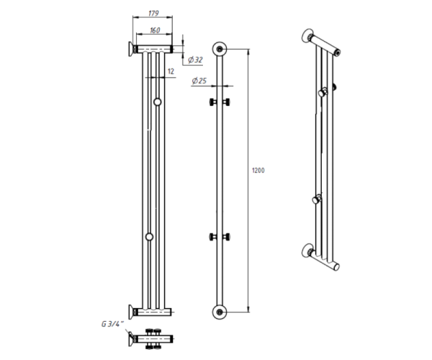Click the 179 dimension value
(153, 13)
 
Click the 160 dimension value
(155, 30)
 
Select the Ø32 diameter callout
(195, 60)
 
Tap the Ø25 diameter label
(199, 81)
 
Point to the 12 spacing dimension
(171, 71)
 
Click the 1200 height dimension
(258, 171)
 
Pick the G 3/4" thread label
(113, 324)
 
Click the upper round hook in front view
(157, 102)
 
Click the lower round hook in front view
(149, 237)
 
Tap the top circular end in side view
(220, 49)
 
